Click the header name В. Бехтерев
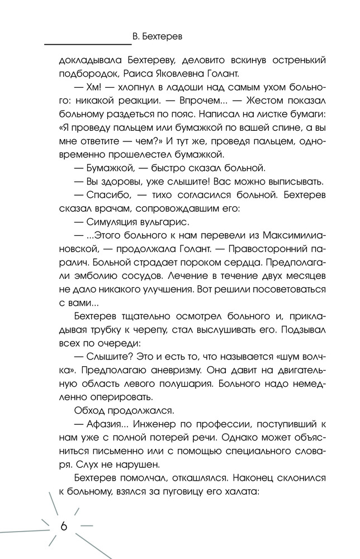click(160, 36)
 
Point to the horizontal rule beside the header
click(87, 44)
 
